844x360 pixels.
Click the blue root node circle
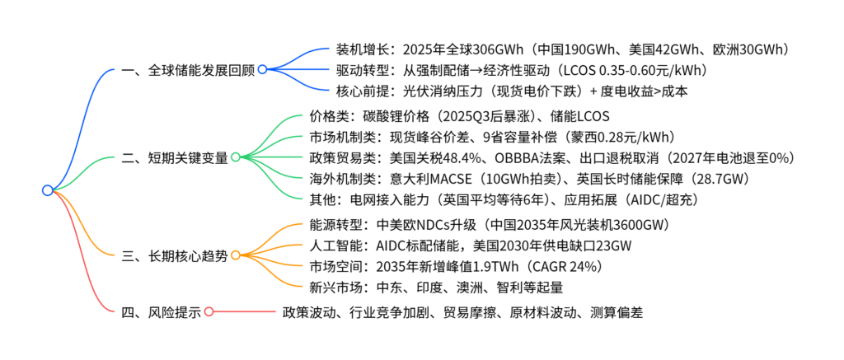click(47, 190)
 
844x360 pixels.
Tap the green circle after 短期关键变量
click(235, 157)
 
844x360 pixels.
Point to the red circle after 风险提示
click(209, 312)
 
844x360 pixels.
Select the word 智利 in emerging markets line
click(490, 288)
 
